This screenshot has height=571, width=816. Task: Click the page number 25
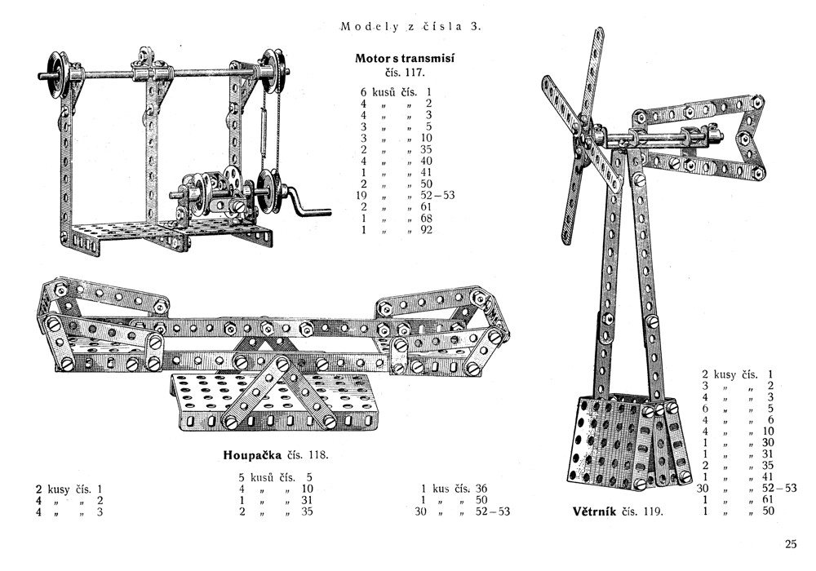791,545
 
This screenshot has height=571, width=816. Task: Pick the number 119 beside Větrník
651,512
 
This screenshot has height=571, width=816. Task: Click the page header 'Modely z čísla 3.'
411,26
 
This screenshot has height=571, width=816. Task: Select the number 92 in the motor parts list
426,230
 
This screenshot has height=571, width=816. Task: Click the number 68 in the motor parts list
426,219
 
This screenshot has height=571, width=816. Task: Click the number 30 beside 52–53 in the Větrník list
703,488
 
